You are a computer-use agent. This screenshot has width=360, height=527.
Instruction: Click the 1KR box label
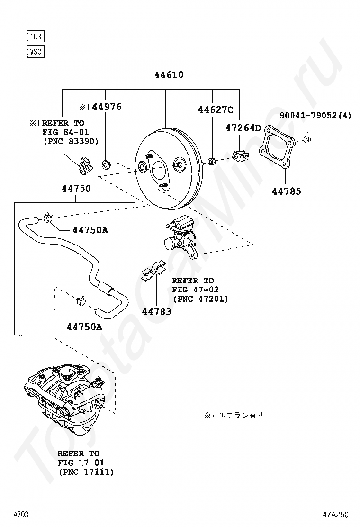(36, 36)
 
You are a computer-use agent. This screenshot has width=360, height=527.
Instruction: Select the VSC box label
(36, 51)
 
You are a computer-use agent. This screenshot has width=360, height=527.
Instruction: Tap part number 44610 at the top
(168, 75)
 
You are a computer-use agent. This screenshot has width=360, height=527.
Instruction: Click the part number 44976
(107, 107)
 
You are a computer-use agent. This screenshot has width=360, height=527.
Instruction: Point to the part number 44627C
(216, 110)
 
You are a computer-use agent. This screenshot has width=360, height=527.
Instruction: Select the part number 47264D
(243, 127)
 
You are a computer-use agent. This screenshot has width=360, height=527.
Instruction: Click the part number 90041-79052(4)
(315, 115)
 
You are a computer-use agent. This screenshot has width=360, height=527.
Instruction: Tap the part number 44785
(286, 191)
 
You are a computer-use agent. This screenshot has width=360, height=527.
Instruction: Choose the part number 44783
(157, 312)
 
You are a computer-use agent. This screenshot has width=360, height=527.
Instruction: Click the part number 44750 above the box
(76, 189)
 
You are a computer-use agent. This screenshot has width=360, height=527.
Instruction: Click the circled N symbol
(307, 140)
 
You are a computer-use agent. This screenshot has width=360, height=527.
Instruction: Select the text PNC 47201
(200, 299)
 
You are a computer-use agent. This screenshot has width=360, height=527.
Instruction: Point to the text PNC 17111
(86, 472)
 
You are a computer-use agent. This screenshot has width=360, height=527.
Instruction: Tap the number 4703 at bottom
(21, 514)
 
